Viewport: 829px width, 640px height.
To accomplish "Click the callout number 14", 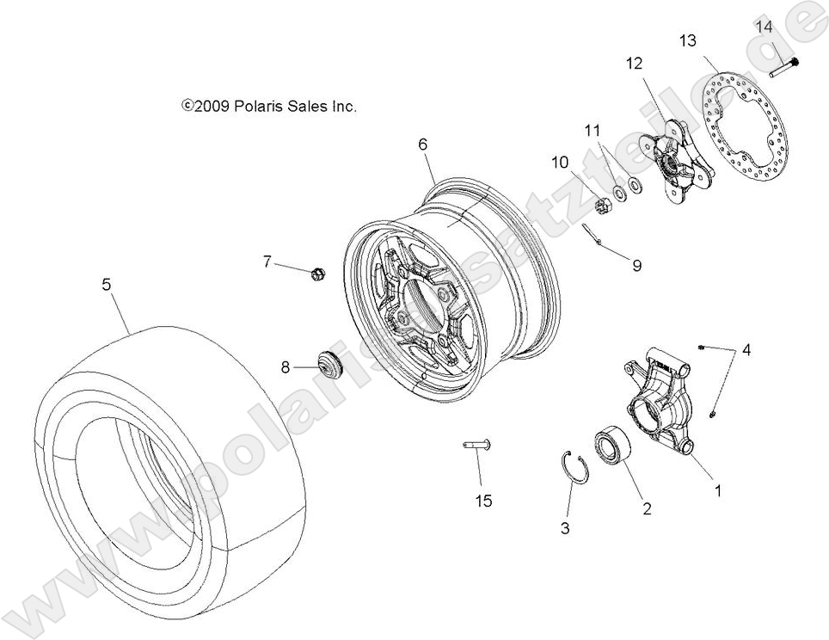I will (765, 27).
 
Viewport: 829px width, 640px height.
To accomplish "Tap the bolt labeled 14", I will (784, 66).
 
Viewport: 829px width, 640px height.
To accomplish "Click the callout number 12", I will (634, 63).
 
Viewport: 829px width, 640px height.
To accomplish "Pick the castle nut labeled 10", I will (603, 204).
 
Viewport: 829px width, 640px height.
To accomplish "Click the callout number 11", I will (591, 132).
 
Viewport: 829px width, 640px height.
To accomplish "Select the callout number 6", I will (423, 145).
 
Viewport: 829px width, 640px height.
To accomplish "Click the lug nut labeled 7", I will (317, 274).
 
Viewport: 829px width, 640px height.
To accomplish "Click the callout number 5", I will (107, 285).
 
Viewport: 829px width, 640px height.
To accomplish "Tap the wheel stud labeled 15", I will (474, 445).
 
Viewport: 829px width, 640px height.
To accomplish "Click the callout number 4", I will (746, 349).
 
